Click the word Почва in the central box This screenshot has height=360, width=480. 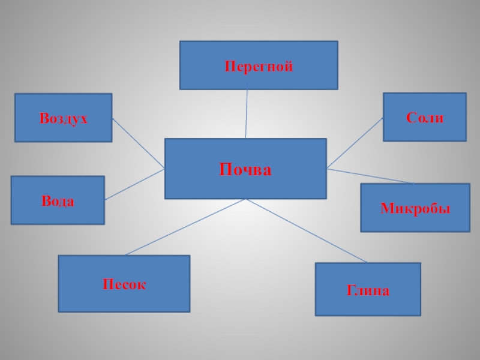(245, 170)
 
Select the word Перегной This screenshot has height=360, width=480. (259, 66)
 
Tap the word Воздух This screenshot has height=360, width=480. (63, 118)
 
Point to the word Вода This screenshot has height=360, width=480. (58, 201)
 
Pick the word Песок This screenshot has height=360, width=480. (124, 284)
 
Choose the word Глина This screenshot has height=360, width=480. (368, 291)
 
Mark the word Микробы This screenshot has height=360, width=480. (415, 209)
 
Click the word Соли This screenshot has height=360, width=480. (424, 118)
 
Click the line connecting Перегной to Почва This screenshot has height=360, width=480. (247, 114)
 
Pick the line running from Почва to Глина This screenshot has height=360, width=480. (307, 231)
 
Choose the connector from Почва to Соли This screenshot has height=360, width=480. (355, 143)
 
